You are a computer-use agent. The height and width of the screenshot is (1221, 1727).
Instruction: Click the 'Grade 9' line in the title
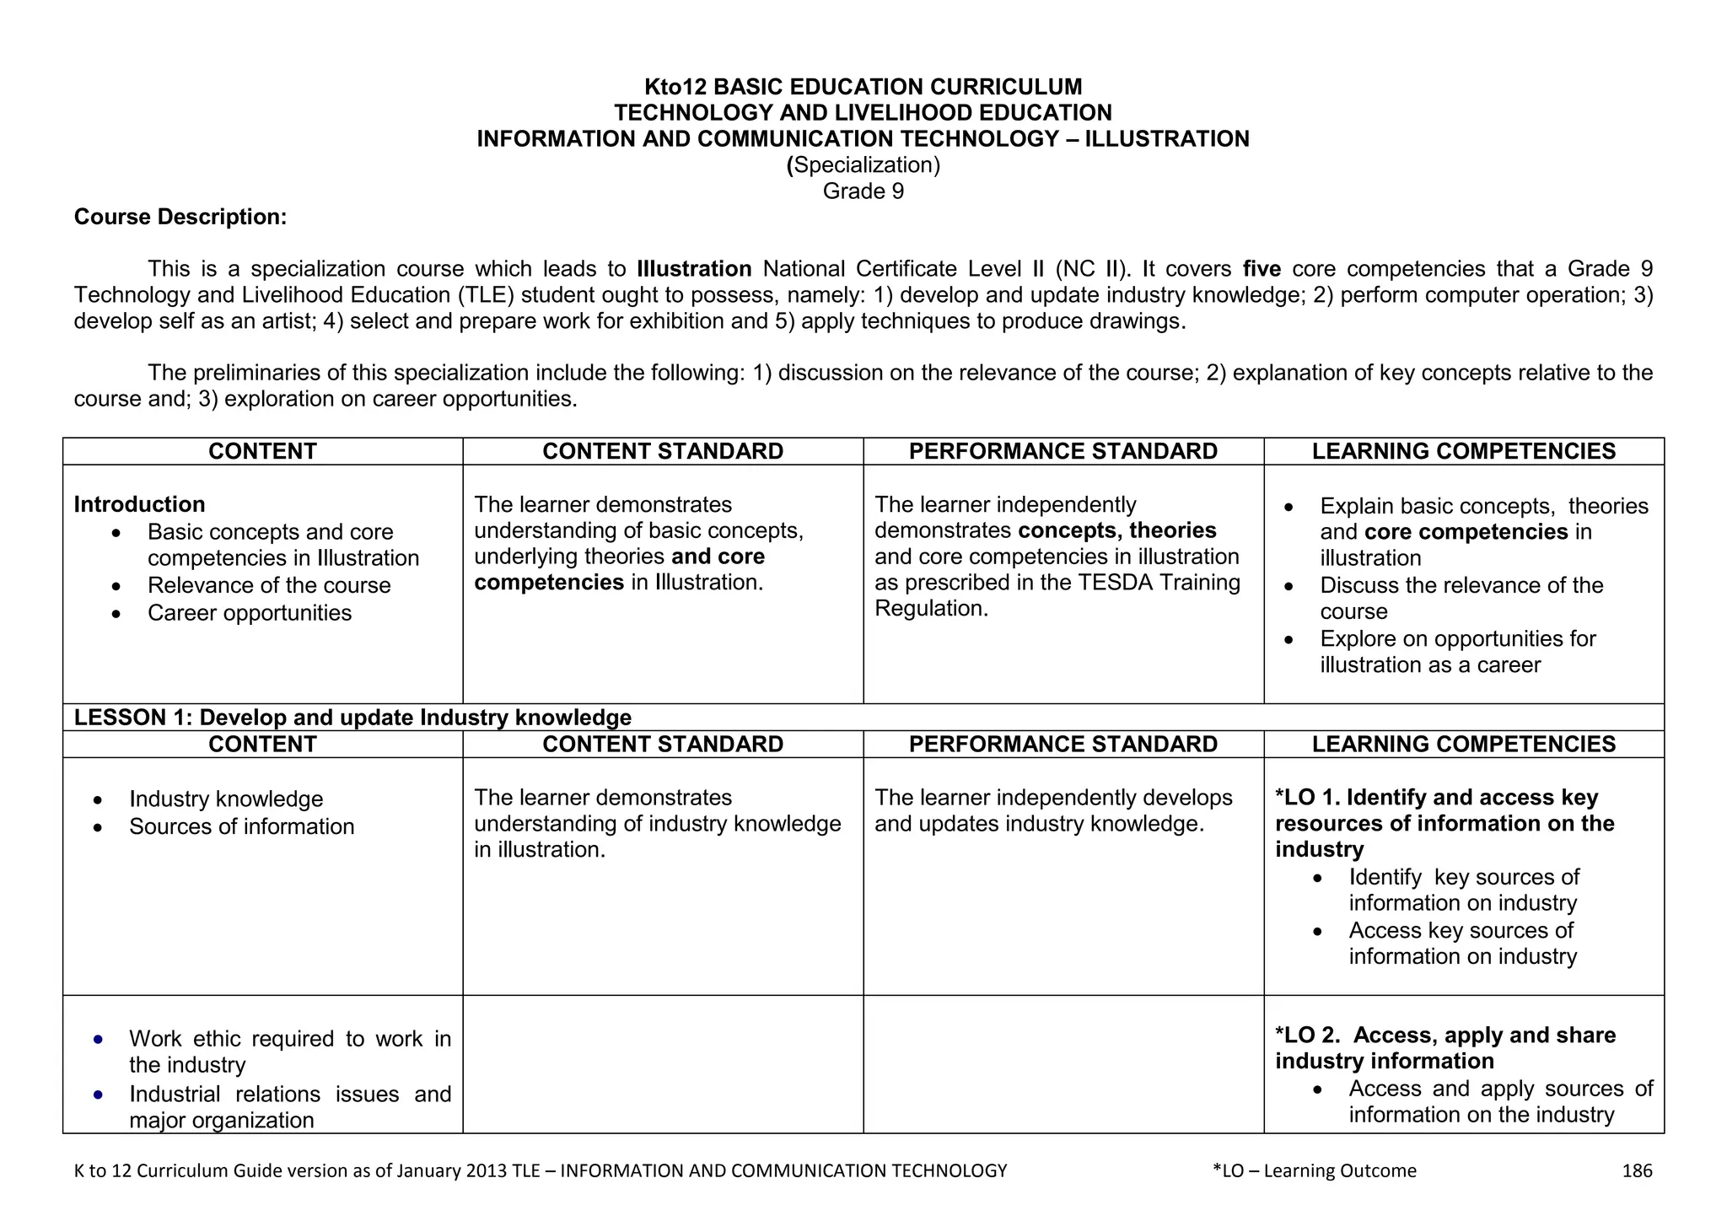tap(863, 191)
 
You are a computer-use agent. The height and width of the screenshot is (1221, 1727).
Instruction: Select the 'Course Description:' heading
tap(180, 218)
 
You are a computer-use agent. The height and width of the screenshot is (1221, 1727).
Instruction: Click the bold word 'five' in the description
tap(1262, 269)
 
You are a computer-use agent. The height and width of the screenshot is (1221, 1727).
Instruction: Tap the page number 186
tap(1637, 1170)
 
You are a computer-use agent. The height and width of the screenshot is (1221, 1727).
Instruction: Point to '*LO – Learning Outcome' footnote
tap(1314, 1170)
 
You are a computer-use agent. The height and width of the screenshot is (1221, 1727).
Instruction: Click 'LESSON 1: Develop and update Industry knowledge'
tap(352, 718)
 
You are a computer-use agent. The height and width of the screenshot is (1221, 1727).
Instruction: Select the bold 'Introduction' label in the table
tap(139, 504)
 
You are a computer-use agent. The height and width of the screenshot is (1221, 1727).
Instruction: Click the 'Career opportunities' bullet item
tap(250, 613)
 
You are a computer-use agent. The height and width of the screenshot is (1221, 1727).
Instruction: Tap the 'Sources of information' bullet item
tap(241, 826)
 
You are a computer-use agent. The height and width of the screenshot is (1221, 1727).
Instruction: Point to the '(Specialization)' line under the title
tap(863, 165)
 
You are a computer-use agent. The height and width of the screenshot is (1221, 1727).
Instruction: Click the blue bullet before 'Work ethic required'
tap(99, 1040)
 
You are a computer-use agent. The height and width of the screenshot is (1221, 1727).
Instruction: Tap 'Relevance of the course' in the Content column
tap(269, 585)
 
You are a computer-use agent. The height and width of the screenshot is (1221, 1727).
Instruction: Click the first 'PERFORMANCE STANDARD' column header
tap(1063, 451)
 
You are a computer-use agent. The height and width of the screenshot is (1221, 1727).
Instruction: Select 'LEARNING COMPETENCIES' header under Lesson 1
tap(1463, 744)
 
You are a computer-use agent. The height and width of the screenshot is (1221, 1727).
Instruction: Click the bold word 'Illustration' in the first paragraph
tap(694, 269)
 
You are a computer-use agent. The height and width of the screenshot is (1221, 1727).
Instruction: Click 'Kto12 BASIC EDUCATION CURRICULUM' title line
tap(863, 87)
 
